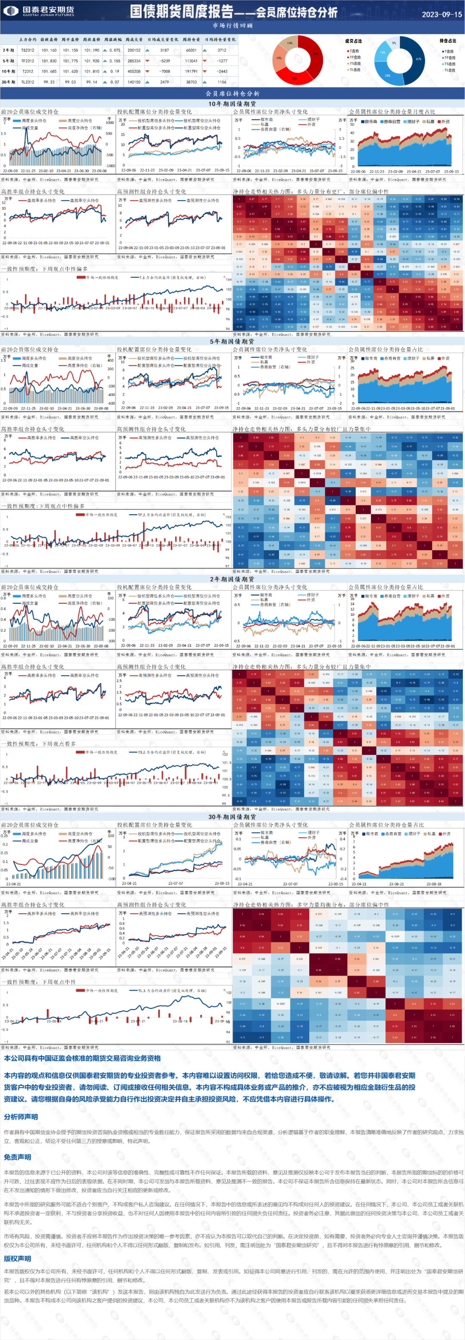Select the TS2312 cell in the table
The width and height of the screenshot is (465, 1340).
[28, 50]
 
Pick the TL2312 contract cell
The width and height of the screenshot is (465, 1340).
[28, 82]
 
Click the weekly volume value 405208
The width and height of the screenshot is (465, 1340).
[133, 71]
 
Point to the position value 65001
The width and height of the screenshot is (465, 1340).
[191, 50]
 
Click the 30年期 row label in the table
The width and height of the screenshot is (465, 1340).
[8, 82]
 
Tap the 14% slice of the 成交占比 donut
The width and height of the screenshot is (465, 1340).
[289, 43]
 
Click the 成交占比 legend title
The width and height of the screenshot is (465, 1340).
[353, 41]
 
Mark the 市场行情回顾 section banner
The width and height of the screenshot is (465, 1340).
[232, 25]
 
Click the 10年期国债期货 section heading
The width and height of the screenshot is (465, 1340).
[232, 104]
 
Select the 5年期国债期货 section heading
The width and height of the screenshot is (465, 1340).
[232, 341]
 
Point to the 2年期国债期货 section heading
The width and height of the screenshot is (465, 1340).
[232, 579]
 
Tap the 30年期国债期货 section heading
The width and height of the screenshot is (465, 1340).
[232, 817]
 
